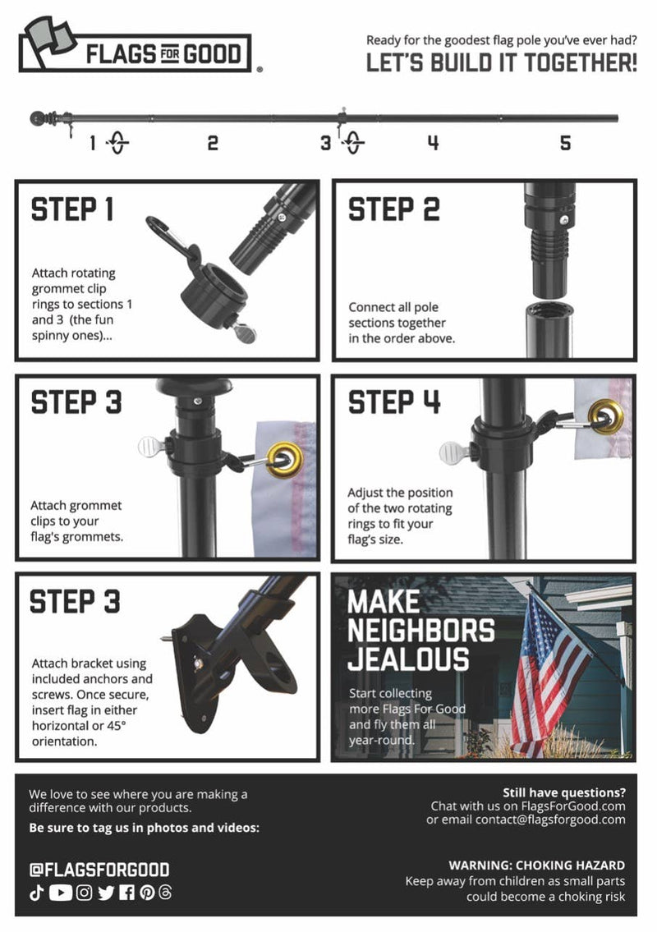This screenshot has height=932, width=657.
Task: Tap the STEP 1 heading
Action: point(72,210)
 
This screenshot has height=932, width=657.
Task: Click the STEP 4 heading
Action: point(394,403)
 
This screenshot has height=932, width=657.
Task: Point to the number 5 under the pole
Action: point(565,144)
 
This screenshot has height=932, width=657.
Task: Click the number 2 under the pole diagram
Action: point(213,144)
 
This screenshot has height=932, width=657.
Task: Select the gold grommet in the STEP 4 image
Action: point(607,415)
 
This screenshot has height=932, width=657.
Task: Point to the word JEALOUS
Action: point(408,659)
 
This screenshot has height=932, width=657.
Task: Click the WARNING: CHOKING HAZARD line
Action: point(536,865)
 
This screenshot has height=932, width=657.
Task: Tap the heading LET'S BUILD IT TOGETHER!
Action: point(501,63)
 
